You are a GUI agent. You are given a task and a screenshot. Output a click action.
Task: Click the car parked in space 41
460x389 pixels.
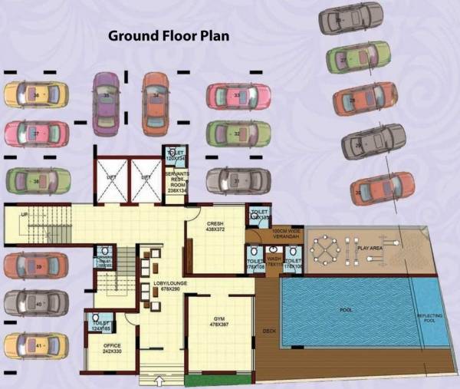[36, 347]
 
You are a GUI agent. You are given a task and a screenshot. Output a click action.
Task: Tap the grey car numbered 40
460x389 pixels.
[36, 304]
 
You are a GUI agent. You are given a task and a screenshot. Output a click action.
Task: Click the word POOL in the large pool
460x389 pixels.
[347, 310]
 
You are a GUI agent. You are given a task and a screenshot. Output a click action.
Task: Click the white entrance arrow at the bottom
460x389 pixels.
[159, 378]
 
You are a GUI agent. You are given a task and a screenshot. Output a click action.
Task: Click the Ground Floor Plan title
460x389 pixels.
[169, 35]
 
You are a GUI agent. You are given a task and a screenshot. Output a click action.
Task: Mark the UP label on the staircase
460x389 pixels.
[25, 214]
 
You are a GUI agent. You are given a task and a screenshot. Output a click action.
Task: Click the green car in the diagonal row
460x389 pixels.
[358, 58]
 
